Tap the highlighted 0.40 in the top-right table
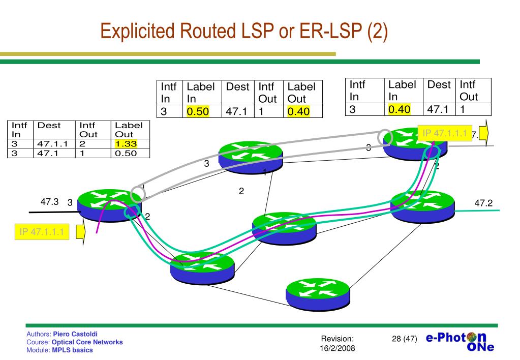(x=399, y=109)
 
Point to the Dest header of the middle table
(x=237, y=87)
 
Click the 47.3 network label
(x=50, y=201)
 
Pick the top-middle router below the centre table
(x=251, y=154)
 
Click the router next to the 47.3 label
(x=109, y=203)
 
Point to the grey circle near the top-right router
(x=385, y=137)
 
